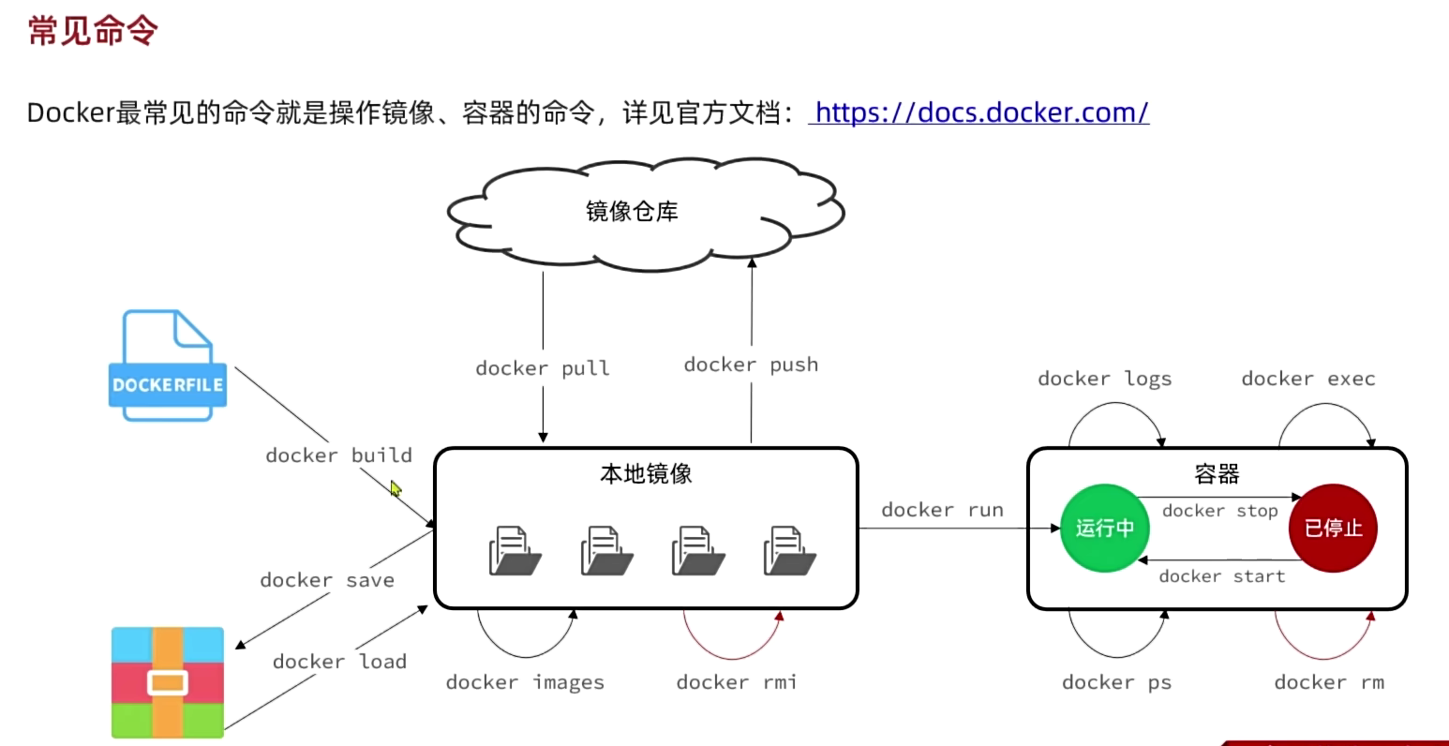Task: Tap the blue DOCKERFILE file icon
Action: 168,366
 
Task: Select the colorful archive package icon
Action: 168,682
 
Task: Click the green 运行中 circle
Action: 1105,528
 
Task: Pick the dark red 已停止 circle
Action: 1333,528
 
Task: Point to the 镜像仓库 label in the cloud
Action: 632,212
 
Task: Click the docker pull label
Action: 543,368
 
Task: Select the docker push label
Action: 751,365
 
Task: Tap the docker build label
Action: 339,455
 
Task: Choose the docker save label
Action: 327,580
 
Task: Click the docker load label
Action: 339,662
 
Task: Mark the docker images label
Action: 525,682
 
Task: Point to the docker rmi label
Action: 737,682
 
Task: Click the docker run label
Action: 943,510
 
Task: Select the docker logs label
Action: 1105,380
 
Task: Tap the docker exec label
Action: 1308,379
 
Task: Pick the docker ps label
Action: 1117,682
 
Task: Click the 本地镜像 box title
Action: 646,474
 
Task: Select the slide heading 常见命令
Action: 93,30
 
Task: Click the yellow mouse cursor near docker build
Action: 396,488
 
